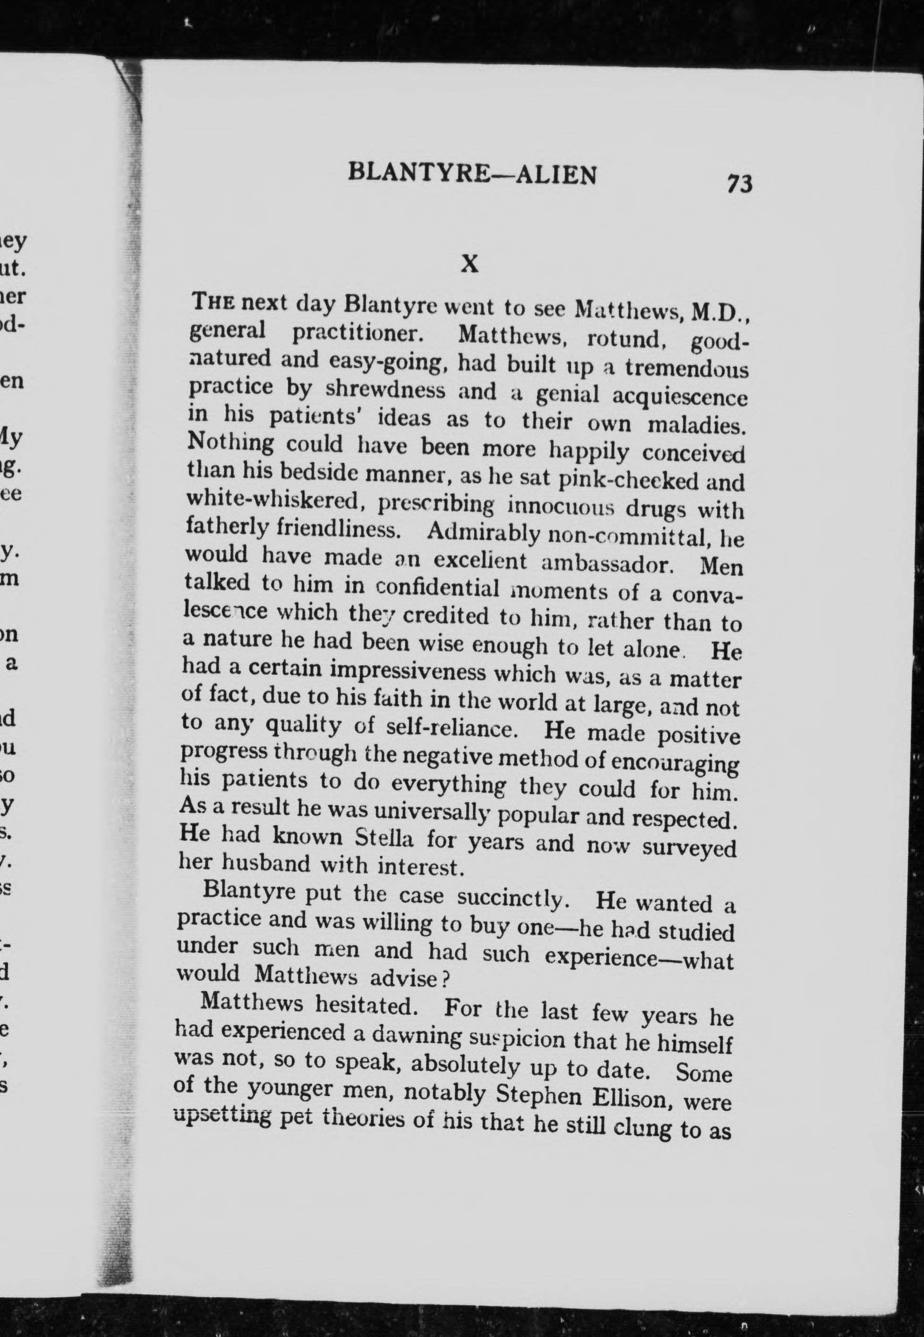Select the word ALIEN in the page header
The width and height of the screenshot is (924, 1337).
click(x=555, y=174)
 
